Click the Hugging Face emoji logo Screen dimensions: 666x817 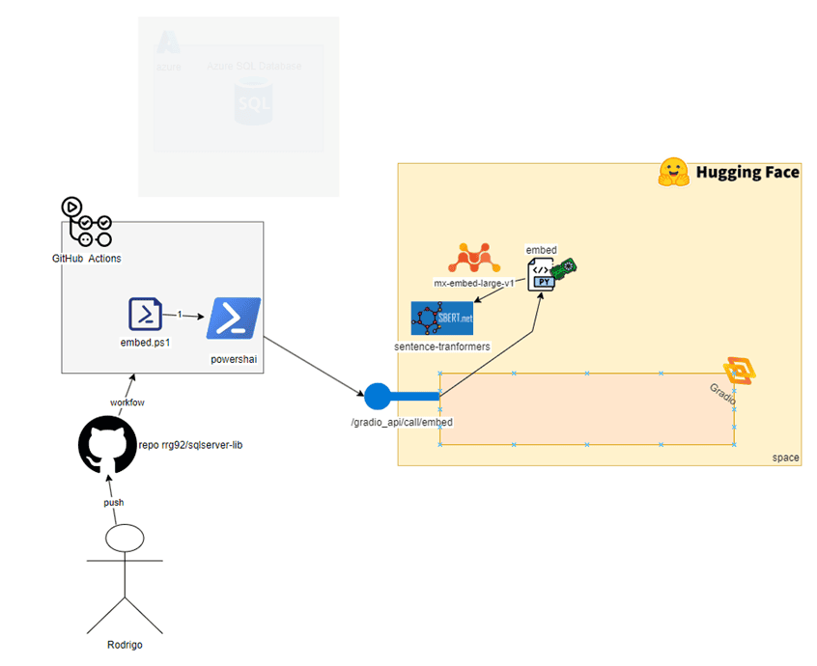point(672,173)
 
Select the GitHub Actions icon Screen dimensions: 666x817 point(86,223)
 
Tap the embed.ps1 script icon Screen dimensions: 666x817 point(146,315)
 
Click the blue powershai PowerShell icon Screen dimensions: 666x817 point(233,319)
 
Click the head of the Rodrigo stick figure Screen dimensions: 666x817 point(124,539)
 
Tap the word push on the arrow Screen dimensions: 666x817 point(114,502)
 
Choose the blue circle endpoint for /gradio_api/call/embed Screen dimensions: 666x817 point(377,396)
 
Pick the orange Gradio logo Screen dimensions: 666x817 point(739,370)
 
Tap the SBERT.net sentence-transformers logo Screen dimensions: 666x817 point(441,318)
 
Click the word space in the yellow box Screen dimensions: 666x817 point(785,458)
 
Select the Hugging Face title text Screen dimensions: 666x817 point(747,173)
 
